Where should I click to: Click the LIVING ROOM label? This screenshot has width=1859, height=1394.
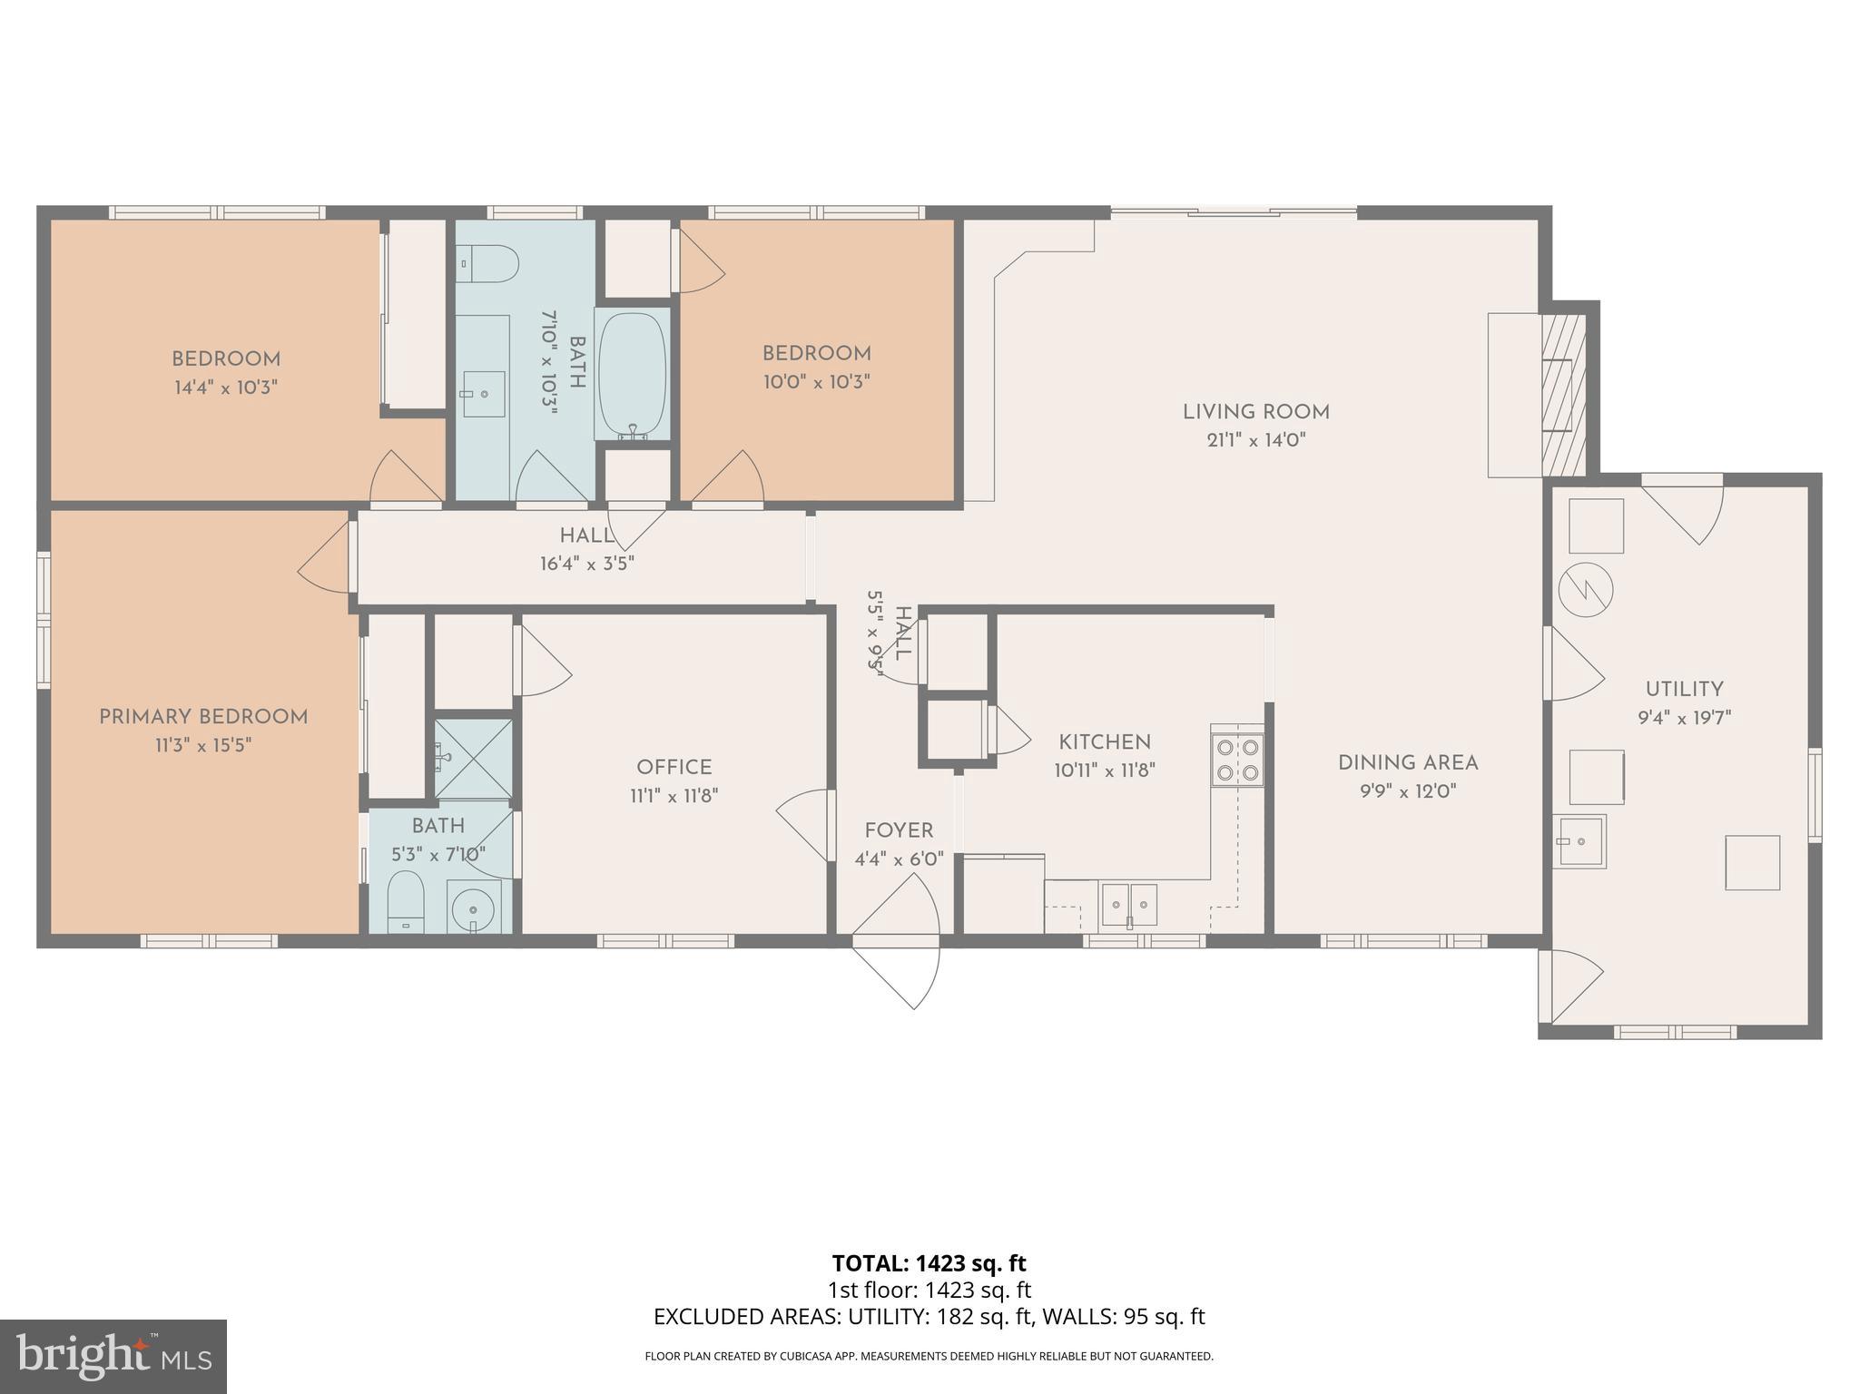tap(1255, 412)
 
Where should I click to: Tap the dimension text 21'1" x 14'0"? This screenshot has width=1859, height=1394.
tap(1255, 440)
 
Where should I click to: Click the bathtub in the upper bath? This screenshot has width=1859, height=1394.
tap(633, 375)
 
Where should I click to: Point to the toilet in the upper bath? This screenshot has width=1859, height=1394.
tap(487, 265)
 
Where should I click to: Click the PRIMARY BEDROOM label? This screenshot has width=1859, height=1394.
tap(203, 717)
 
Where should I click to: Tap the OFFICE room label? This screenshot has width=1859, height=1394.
tap(674, 768)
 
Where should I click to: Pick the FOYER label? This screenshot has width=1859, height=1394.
tap(899, 830)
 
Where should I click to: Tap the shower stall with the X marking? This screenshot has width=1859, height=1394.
tap(473, 759)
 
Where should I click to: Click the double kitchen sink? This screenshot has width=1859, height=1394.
tap(1129, 905)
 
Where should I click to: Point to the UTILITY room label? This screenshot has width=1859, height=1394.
tap(1684, 689)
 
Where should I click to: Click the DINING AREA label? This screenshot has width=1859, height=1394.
tap(1408, 763)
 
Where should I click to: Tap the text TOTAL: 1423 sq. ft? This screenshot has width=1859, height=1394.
tap(929, 1263)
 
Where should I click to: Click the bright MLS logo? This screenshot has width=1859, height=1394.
tap(113, 1357)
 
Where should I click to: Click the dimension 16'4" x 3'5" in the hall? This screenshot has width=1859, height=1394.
tap(587, 564)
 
